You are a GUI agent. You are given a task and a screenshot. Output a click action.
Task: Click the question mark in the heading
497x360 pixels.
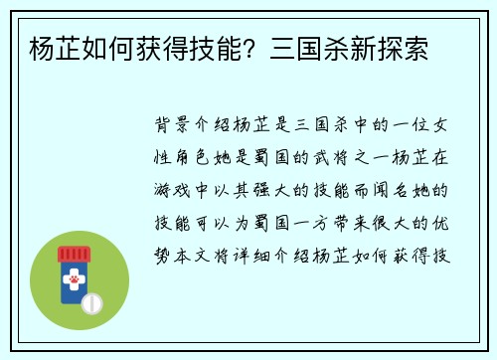[249, 49]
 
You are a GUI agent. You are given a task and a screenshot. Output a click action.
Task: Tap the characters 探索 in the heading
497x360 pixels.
[403, 49]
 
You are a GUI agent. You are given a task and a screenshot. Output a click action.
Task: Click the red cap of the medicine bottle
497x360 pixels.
[74, 255]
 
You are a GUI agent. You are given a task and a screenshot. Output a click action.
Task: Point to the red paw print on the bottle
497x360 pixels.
[75, 279]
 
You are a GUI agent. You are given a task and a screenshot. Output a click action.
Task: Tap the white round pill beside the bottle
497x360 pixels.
[92, 303]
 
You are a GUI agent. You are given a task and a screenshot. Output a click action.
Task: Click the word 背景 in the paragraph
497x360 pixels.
[172, 124]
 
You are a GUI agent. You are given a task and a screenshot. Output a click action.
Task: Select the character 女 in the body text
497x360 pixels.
[440, 124]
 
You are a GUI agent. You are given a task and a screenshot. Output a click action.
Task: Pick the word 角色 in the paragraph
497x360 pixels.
[192, 157]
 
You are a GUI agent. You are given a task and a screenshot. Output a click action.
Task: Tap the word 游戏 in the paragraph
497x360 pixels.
[172, 190]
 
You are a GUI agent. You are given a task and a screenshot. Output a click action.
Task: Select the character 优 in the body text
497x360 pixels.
[440, 223]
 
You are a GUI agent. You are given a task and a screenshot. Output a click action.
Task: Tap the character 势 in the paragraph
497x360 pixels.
[162, 256]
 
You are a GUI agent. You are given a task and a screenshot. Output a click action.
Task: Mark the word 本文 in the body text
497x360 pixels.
[192, 256]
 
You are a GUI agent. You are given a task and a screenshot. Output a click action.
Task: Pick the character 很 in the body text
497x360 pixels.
[381, 223]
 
